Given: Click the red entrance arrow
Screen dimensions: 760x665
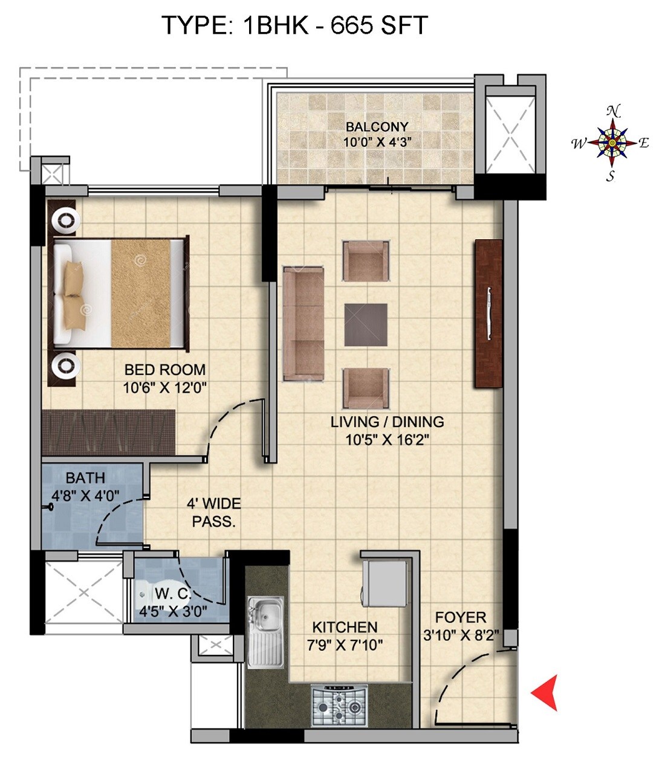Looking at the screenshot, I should coord(546,692).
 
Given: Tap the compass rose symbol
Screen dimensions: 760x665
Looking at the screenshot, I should coord(612,143).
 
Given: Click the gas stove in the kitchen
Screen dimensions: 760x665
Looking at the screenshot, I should coord(339,705).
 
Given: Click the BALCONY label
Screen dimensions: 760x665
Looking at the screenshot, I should coord(377,127).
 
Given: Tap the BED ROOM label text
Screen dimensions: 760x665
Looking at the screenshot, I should coord(164,370).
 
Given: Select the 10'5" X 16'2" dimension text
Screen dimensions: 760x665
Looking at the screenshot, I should coord(387,439).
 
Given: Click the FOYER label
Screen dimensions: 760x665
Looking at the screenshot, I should coord(461,617).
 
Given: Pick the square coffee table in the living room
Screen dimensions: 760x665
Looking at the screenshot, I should coord(366,324).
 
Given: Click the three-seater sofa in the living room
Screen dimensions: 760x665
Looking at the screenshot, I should coord(303,323).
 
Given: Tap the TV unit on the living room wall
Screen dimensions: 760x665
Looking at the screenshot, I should coord(488,313).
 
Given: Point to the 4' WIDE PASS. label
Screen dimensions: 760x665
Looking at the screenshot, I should coord(213,512).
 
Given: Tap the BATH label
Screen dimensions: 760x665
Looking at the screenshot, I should coord(85,478).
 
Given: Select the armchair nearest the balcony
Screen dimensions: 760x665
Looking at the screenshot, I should coord(366,260).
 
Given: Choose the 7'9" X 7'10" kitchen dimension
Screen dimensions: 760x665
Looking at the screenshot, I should coord(345,645).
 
